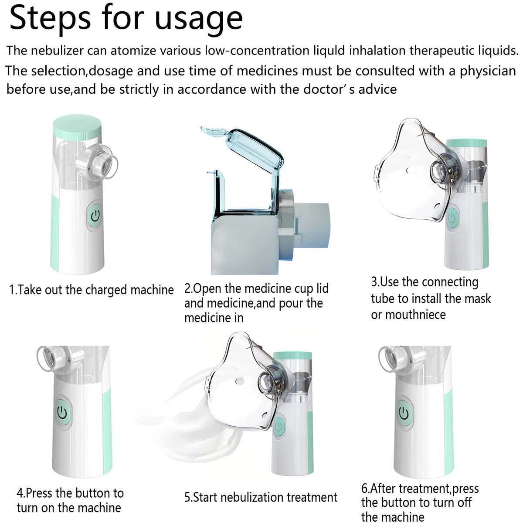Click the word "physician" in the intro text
coord(488,71)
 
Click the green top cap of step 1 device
coord(77,124)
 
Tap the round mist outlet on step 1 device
coord(100,161)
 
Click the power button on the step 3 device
coord(452,217)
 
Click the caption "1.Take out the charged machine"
coord(92,290)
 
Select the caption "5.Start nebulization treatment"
coord(261,497)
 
